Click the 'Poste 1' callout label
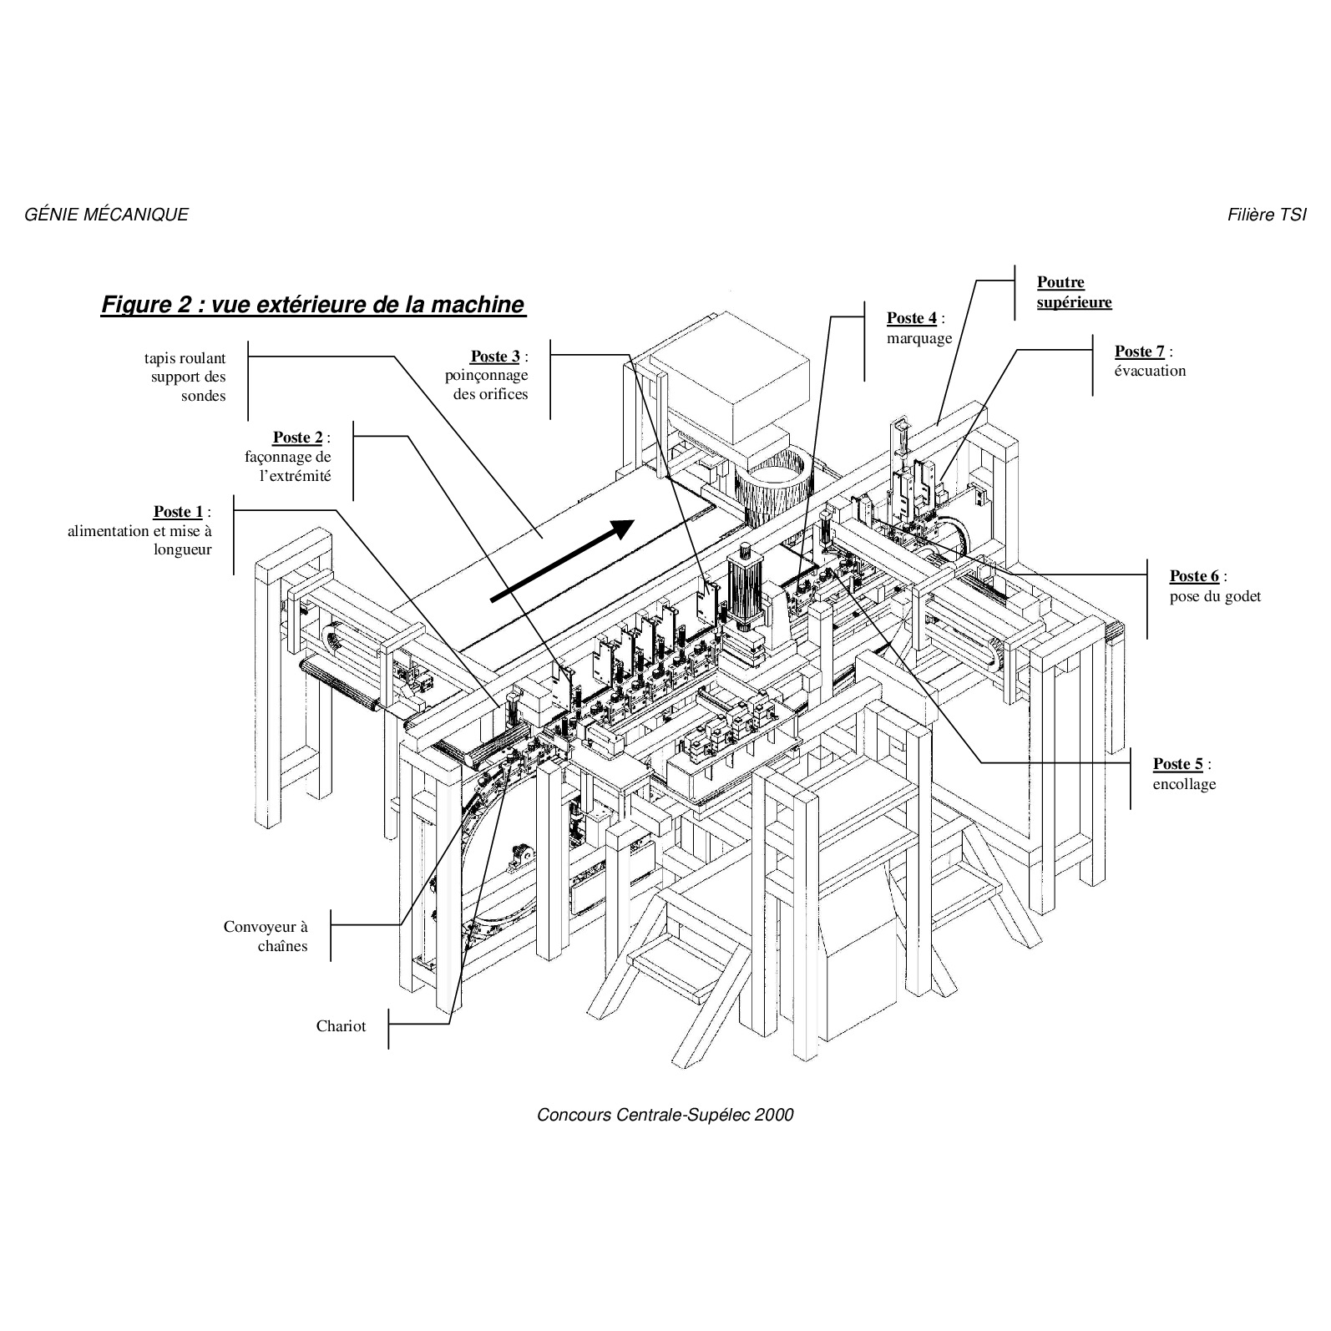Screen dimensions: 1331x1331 [x=178, y=512]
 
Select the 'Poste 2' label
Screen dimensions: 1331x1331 [x=297, y=438]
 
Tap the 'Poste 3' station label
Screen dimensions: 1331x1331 [x=495, y=357]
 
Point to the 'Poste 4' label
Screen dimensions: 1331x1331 [x=912, y=318]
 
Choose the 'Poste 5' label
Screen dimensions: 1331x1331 [x=1178, y=764]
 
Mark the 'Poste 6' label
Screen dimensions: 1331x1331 [x=1194, y=576]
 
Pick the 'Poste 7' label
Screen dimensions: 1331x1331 [x=1140, y=352]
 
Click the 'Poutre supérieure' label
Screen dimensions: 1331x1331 [x=1075, y=292]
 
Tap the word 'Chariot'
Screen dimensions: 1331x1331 [x=341, y=1026]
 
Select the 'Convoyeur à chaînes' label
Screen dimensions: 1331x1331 [x=266, y=936]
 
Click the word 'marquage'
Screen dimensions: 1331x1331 [x=919, y=339]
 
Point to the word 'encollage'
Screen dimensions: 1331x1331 [x=1184, y=784]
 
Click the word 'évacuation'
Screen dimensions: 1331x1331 [x=1150, y=371]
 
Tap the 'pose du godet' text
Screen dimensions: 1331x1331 [x=1215, y=596]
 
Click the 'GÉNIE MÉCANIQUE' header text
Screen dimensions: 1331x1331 [x=107, y=215]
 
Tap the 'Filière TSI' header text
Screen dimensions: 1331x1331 [x=1267, y=215]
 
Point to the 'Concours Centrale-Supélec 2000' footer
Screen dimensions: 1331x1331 [x=665, y=1115]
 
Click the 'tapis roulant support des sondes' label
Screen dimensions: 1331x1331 [x=185, y=377]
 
